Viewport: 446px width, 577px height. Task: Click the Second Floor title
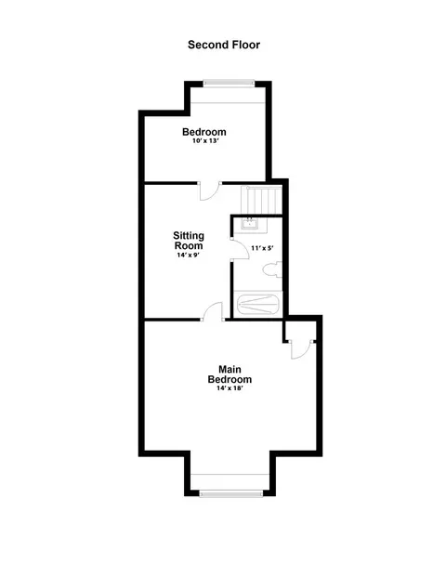(x=224, y=45)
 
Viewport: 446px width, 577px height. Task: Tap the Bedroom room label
(x=204, y=132)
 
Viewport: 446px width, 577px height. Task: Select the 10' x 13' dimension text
(x=205, y=140)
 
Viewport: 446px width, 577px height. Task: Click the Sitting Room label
(x=189, y=241)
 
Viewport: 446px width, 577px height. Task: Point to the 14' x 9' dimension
(x=188, y=255)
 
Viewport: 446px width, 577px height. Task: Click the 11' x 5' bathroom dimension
(x=262, y=248)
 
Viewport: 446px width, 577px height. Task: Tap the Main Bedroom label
(x=230, y=374)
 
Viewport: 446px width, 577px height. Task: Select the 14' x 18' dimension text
(x=230, y=387)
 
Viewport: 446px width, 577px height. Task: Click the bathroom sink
(x=250, y=223)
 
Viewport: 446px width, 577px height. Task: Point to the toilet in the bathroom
(x=272, y=269)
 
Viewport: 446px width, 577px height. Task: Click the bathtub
(x=258, y=305)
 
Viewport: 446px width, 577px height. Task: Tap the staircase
(x=261, y=200)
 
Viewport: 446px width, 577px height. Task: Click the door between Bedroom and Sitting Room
(x=210, y=191)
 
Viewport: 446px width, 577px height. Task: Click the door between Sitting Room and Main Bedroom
(x=213, y=311)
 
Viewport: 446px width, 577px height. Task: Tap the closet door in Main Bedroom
(x=302, y=349)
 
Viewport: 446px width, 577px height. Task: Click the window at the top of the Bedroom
(x=229, y=84)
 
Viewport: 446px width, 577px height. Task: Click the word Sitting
(x=189, y=235)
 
